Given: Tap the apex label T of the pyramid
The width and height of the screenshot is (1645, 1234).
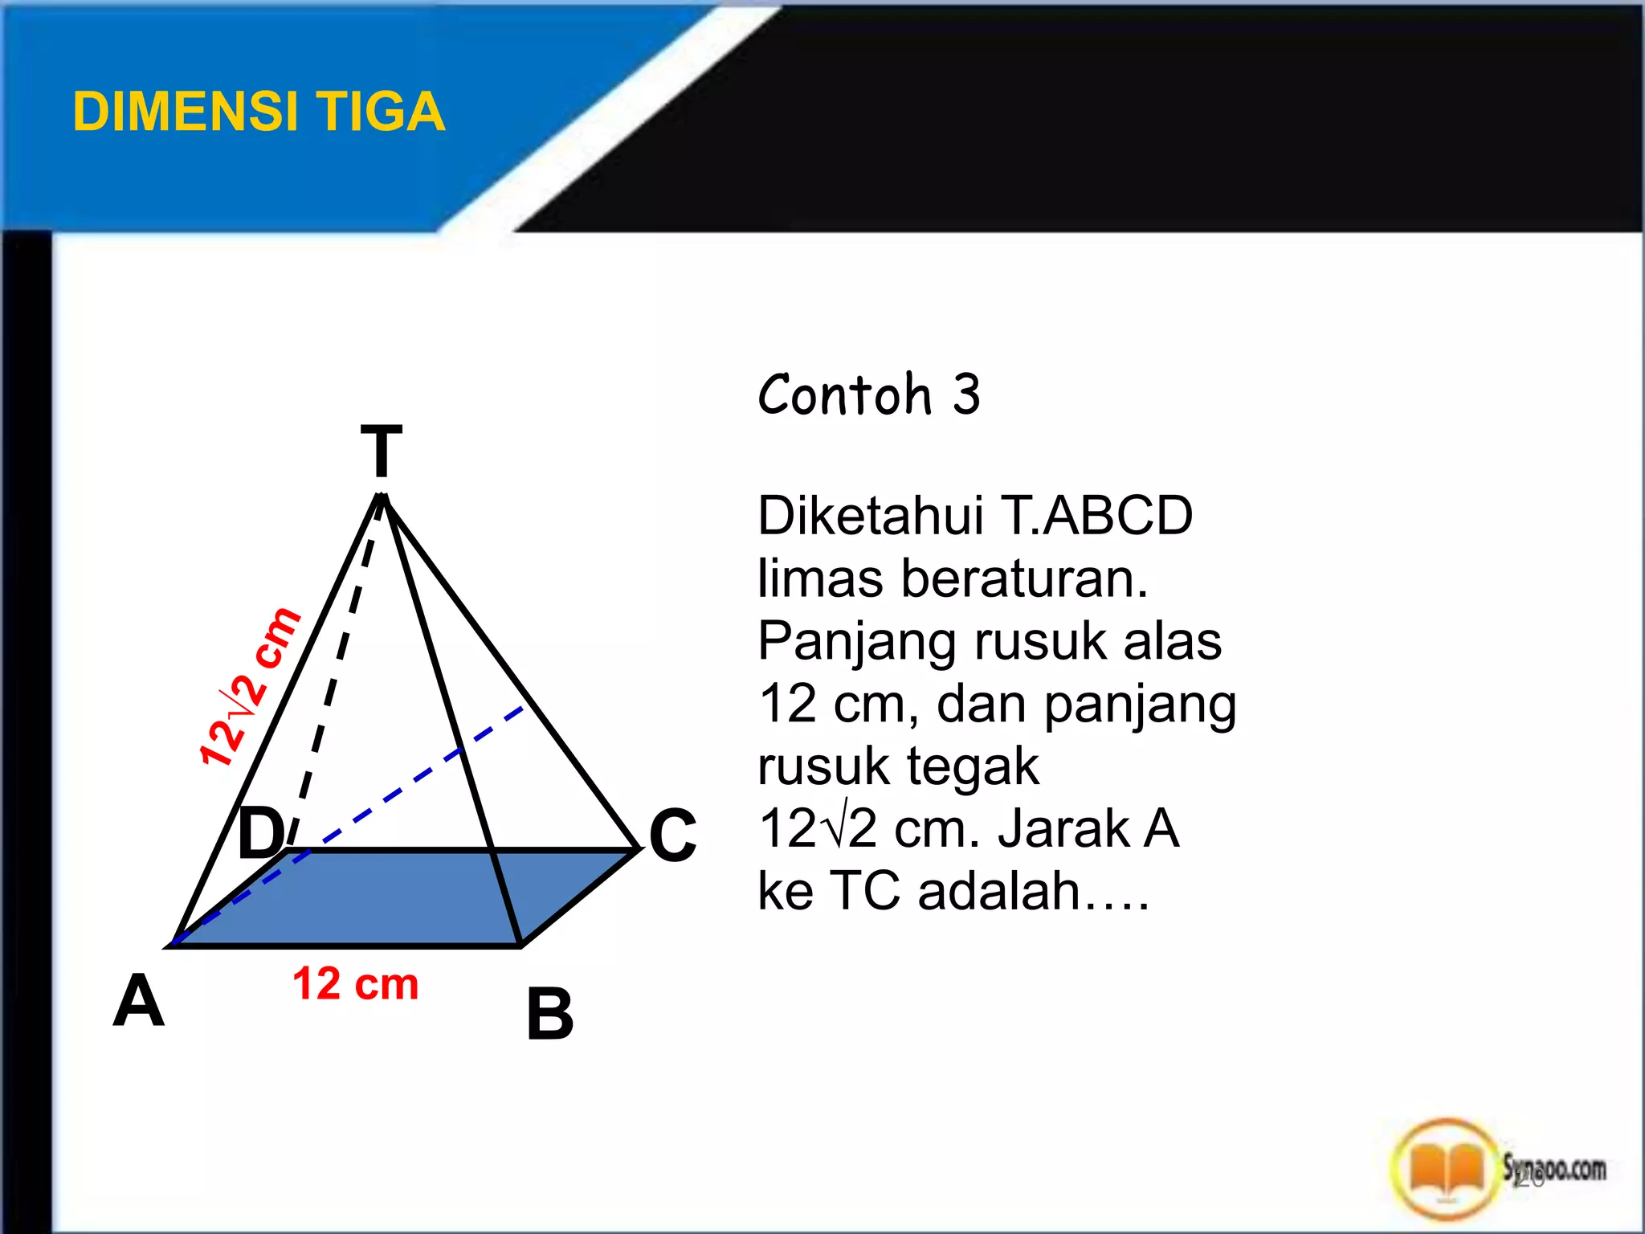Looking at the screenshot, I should [x=381, y=452].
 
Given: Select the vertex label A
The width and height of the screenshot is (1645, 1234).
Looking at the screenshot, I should [x=138, y=1001].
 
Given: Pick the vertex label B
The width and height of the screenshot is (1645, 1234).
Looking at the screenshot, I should [x=549, y=1015].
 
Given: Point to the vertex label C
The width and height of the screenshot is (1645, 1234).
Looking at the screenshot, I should [x=672, y=836].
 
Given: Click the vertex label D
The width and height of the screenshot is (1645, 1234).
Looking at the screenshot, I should [x=261, y=834].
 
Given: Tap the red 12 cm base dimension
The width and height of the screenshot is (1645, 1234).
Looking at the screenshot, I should [x=355, y=984].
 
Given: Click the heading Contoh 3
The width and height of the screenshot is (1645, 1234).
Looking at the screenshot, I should [x=869, y=394].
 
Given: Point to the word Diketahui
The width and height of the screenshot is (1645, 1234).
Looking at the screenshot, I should [x=870, y=516].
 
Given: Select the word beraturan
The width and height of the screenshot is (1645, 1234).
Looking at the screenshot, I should [x=1024, y=578].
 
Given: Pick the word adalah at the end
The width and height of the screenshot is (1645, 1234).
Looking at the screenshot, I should [x=999, y=892].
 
